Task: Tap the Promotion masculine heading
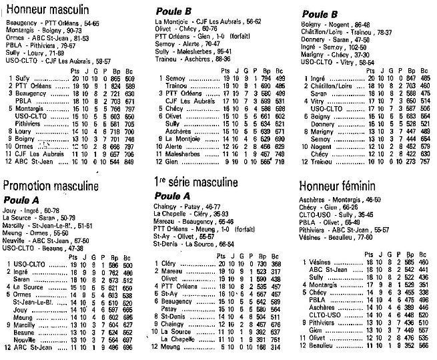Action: (51, 186)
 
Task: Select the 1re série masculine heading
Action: (196, 182)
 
